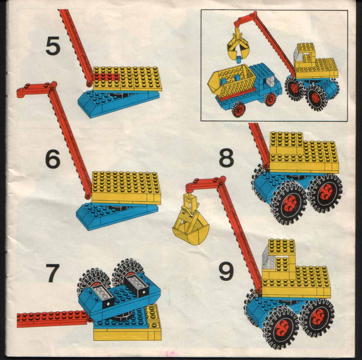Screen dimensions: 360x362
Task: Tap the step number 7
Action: pos(52,274)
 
